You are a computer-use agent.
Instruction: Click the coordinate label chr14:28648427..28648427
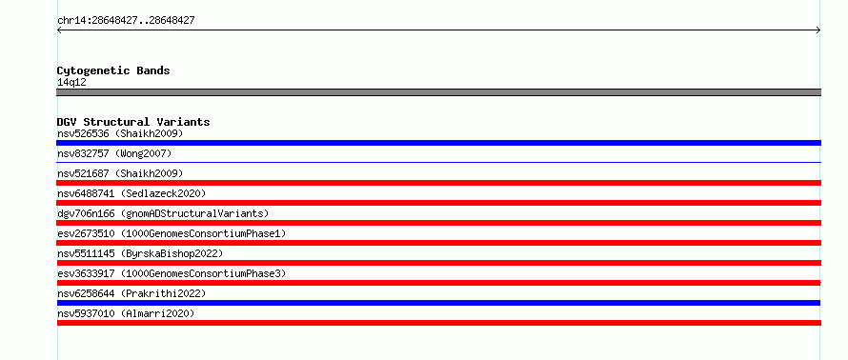click(126, 21)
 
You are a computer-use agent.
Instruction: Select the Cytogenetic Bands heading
click(113, 70)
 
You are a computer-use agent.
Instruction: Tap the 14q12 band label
click(71, 83)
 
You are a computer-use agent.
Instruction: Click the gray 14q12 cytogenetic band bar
click(438, 92)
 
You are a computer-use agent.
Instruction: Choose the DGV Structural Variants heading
click(133, 122)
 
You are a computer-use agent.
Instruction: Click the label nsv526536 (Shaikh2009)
click(120, 133)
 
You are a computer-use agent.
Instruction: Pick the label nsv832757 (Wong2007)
click(114, 153)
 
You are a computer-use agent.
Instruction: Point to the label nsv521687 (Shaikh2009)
click(120, 173)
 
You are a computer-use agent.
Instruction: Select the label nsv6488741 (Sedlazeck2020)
click(131, 193)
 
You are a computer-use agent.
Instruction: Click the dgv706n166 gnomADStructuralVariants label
click(163, 213)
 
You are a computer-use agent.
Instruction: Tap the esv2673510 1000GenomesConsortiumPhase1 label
click(172, 233)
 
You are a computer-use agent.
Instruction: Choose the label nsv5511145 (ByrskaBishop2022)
click(140, 253)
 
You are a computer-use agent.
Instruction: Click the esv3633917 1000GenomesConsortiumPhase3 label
click(172, 273)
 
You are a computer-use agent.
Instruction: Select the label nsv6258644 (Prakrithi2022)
click(131, 293)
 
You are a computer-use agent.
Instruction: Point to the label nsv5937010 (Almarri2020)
click(126, 313)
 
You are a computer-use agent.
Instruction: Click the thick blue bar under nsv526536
click(438, 143)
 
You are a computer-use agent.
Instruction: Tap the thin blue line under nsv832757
click(438, 162)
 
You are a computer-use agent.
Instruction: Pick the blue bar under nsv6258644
click(438, 303)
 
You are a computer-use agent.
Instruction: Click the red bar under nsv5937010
click(438, 323)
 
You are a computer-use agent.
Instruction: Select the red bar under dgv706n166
click(438, 223)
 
